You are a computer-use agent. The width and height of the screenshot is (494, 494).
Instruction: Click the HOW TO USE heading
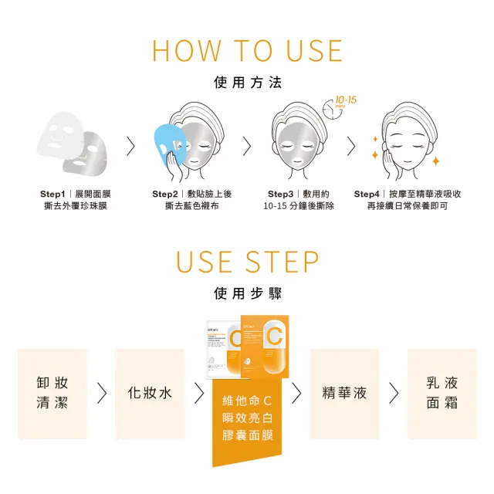point(247,50)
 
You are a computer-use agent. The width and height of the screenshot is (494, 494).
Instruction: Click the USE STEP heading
point(247,262)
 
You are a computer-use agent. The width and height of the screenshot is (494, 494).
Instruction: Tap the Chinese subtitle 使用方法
point(247,83)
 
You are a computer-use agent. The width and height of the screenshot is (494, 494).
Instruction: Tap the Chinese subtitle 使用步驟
point(247,294)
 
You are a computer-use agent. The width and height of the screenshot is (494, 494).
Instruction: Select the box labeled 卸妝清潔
point(52,394)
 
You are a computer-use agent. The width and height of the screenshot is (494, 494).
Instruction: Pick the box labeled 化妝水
point(150,394)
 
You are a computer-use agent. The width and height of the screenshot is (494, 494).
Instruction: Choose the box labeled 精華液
point(344,394)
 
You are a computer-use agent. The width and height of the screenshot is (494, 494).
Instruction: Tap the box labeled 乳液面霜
point(442,394)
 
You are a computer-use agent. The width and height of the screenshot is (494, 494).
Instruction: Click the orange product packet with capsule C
point(266,346)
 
